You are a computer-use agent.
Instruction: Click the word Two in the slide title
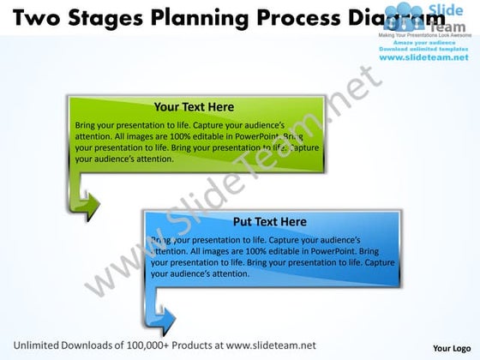click(x=31, y=17)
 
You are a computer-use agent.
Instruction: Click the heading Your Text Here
click(x=194, y=107)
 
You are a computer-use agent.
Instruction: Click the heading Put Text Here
click(x=269, y=221)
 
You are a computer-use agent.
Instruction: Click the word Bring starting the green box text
click(x=87, y=124)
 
